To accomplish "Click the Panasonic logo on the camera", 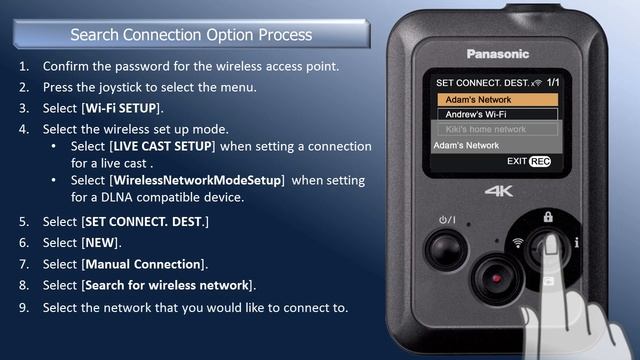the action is (498, 54).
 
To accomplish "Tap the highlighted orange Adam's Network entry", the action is (498, 100).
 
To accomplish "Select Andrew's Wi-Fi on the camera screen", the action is (498, 114).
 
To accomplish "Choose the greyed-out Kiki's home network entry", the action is (498, 129).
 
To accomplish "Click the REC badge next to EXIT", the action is (540, 162).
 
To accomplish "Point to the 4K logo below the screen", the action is (499, 191).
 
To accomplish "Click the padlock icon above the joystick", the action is (548, 217).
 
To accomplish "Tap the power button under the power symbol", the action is (446, 249).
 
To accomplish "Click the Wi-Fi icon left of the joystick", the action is (518, 243).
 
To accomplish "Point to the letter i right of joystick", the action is (576, 243).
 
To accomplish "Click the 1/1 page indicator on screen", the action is (553, 82).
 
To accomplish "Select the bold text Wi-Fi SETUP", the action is (121, 108).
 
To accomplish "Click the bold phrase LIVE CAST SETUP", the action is (162, 146).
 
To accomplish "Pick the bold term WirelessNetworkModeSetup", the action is (197, 180).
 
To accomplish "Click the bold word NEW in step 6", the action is (100, 243).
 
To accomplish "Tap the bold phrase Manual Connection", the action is (143, 264).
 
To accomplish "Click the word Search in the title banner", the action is (95, 35).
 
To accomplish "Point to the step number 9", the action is (24, 307).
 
